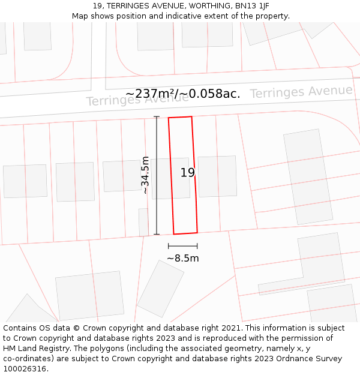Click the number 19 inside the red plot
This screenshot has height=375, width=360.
[x=187, y=173]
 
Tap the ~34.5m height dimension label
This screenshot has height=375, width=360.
[x=145, y=175]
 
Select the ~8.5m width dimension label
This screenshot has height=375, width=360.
[x=183, y=259]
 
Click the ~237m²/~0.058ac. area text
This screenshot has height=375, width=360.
[x=183, y=94]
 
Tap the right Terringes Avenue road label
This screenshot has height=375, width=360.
[x=301, y=92]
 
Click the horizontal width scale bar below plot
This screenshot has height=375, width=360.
[x=183, y=246]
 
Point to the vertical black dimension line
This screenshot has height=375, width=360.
[x=157, y=175]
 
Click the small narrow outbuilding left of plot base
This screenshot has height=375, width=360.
[x=143, y=222]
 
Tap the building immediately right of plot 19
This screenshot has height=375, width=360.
[x=217, y=176]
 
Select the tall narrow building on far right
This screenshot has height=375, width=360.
[x=308, y=177]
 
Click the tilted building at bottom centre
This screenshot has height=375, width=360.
[x=160, y=289]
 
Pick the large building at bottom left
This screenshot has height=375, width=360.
[x=89, y=295]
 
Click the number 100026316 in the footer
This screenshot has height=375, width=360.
[x=25, y=368]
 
